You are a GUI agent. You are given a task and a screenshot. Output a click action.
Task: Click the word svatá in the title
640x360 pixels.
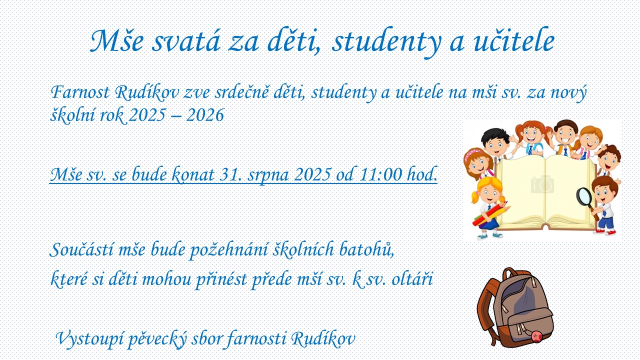coord(185,41)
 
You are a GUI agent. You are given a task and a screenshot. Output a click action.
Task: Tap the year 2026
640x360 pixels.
coord(205,115)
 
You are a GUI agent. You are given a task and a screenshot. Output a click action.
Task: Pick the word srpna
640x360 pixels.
coord(268,175)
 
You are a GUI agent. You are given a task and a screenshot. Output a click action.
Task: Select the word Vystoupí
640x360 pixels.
coord(89,339)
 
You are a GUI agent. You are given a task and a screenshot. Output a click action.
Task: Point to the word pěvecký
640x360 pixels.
coord(157,339)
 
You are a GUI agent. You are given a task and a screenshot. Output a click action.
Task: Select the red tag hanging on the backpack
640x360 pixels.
coord(537,336)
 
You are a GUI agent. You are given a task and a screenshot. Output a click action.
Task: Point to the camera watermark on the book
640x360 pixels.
coord(542,184)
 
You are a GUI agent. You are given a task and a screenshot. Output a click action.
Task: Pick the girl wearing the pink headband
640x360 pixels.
coord(477,163)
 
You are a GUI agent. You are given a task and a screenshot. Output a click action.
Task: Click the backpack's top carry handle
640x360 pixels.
coord(511,273)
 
